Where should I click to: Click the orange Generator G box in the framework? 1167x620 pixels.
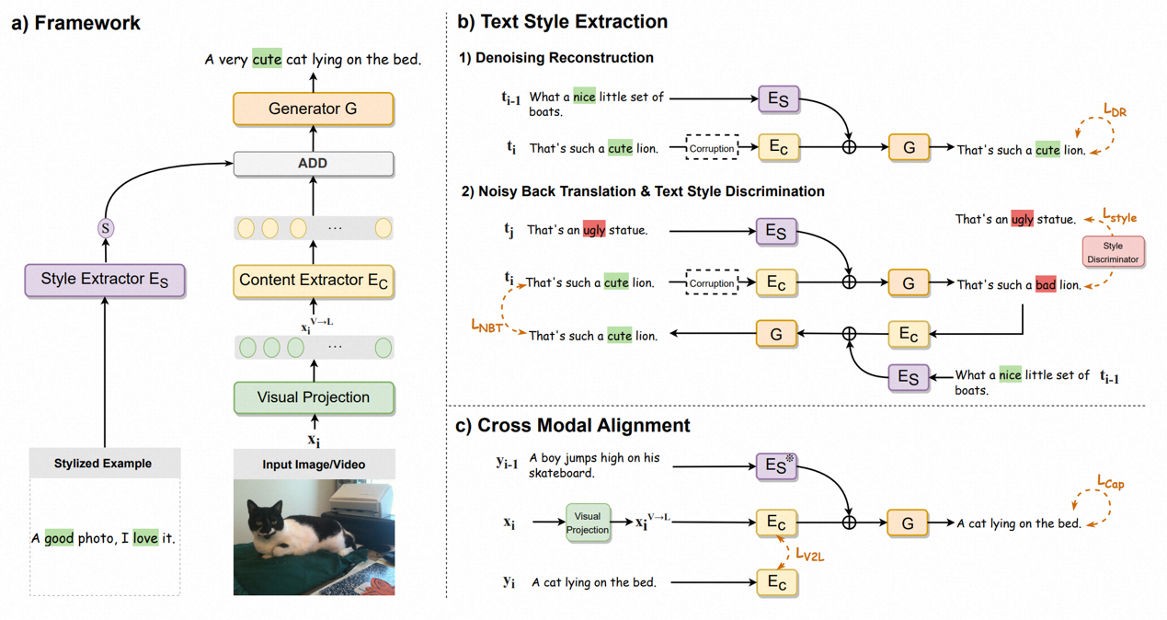313,109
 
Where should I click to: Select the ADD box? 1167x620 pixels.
313,164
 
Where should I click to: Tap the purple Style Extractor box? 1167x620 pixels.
105,280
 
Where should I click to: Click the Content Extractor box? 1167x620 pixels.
313,281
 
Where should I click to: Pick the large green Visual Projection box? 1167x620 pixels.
313,397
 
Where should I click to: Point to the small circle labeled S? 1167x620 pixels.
106,228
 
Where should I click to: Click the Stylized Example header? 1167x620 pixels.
103,464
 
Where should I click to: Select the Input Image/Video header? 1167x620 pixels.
314,465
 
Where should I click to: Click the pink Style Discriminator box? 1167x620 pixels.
1113,252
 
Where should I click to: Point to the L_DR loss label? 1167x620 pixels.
1115,110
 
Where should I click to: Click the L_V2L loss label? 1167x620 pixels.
809,555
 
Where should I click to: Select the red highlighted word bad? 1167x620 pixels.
1046,285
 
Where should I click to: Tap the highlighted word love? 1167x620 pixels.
145,538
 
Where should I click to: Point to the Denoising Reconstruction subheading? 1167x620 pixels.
556,58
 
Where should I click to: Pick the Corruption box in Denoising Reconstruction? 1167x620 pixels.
712,148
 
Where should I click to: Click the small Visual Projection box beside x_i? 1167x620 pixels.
587,522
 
